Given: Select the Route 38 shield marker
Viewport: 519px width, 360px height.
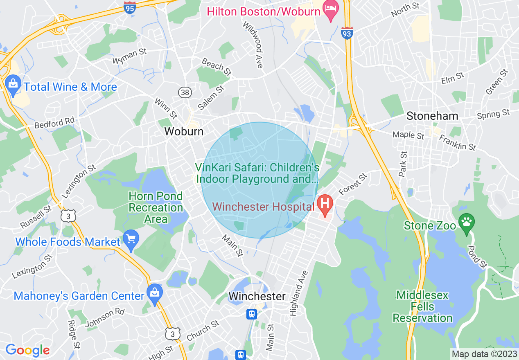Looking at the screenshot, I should coord(185,92).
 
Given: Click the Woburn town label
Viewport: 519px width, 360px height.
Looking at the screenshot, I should coord(184,132).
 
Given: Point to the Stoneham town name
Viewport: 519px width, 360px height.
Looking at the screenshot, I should coord(432,116).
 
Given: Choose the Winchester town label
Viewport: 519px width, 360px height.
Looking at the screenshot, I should coord(257,296).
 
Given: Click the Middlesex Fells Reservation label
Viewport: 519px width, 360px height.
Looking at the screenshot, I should coord(423,306).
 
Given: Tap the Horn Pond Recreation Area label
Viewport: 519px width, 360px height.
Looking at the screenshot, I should coord(156,208).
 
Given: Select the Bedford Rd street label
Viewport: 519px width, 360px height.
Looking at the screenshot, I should coord(54,122).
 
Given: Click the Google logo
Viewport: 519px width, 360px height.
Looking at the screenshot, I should coord(27,350).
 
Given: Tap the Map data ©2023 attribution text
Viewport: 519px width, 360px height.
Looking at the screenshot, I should coord(484,354).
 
